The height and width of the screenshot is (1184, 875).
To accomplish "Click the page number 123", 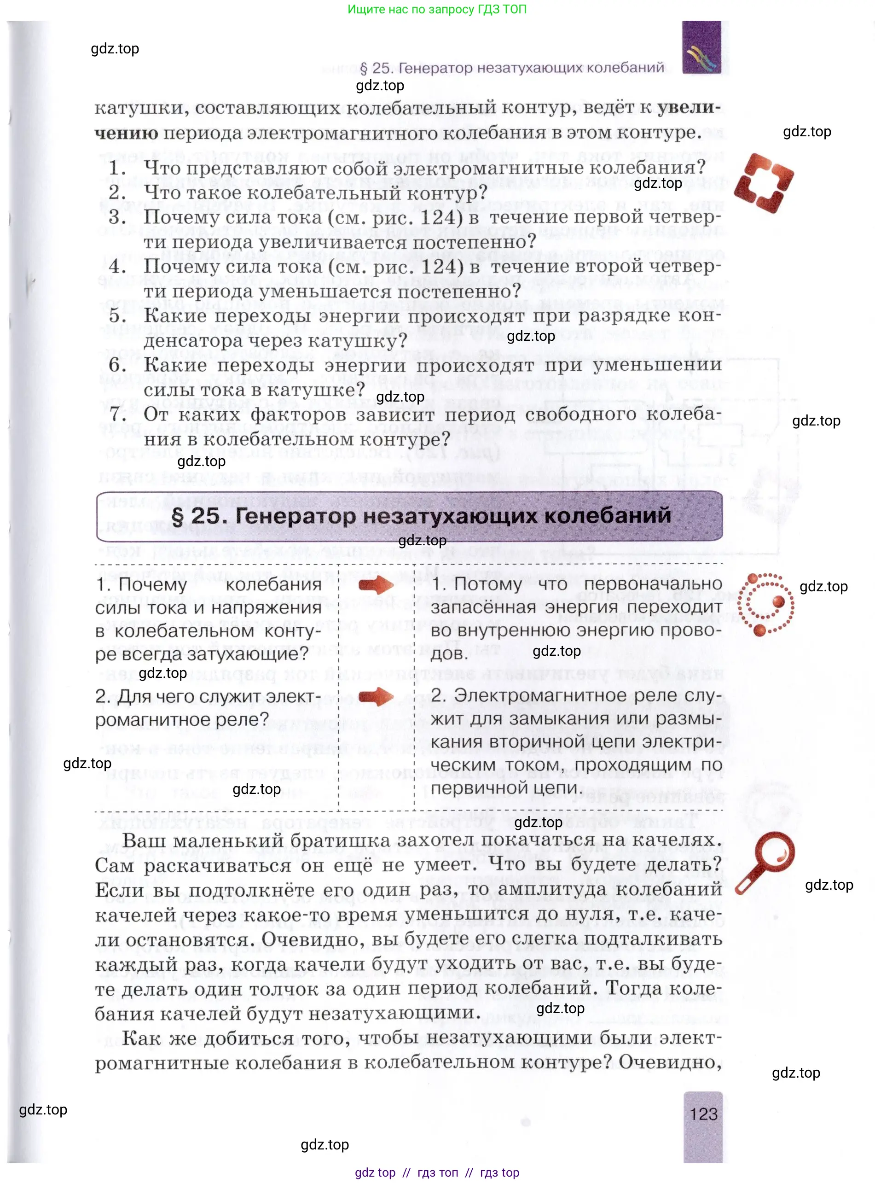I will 703,1114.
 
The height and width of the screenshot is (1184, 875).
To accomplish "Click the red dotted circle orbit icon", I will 766,604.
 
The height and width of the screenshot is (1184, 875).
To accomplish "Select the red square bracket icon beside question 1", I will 763,182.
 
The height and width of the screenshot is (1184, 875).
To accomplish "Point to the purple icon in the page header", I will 702,48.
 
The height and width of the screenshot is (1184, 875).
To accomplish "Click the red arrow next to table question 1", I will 376,584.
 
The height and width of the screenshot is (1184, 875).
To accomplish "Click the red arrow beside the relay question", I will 376,696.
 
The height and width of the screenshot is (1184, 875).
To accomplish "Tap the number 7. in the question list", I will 117,414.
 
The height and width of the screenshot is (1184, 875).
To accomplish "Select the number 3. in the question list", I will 117,217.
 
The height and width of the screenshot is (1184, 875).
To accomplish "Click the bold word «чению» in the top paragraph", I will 126,133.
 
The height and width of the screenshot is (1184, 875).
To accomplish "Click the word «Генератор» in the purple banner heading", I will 295,516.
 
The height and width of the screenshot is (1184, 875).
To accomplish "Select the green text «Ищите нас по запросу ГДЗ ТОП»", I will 437,9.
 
